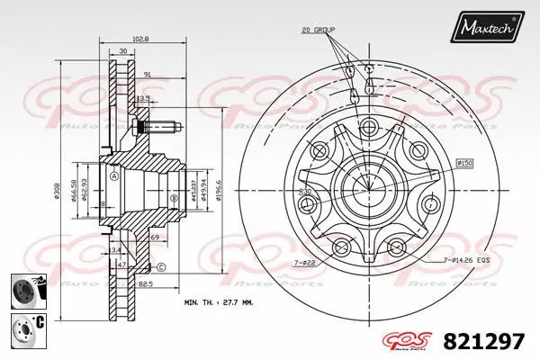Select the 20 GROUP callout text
(x=318, y=30)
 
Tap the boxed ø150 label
(x=465, y=162)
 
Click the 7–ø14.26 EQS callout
(x=470, y=259)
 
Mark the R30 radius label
(x=307, y=192)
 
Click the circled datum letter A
(x=114, y=176)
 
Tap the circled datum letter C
(x=160, y=267)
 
